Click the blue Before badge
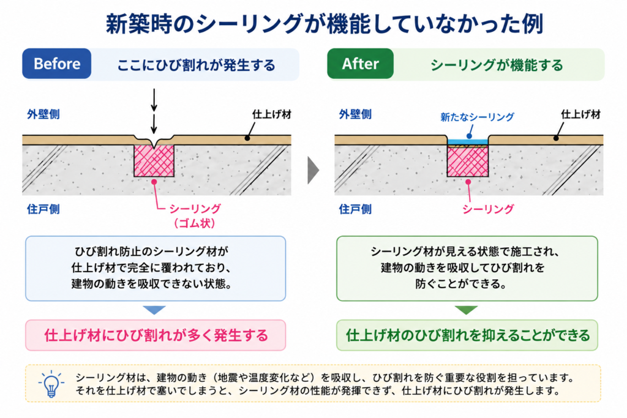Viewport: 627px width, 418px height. [57, 64]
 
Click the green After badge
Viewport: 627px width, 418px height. [360, 64]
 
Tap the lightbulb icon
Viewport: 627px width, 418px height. [51, 383]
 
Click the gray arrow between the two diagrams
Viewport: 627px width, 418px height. [313, 170]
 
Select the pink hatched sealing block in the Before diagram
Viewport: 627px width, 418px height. [154, 160]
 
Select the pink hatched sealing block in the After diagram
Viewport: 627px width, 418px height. [467, 162]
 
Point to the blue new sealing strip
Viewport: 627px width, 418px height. [467, 141]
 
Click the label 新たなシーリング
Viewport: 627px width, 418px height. [477, 117]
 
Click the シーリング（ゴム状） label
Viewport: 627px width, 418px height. [195, 216]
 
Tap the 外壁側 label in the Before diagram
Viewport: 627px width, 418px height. [43, 114]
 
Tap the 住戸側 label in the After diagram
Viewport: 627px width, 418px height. [356, 209]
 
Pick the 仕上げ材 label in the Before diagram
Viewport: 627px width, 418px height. [272, 114]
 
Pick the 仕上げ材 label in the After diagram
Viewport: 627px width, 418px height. [580, 114]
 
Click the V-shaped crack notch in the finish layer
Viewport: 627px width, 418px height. [154, 143]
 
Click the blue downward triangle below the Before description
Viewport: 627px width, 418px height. [154, 310]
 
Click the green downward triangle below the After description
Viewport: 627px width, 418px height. [466, 310]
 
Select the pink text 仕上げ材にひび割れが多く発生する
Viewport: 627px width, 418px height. [156, 335]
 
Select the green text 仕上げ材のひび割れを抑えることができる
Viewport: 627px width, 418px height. [467, 335]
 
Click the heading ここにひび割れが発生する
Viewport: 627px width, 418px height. [196, 65]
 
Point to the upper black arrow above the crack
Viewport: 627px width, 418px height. [154, 100]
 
